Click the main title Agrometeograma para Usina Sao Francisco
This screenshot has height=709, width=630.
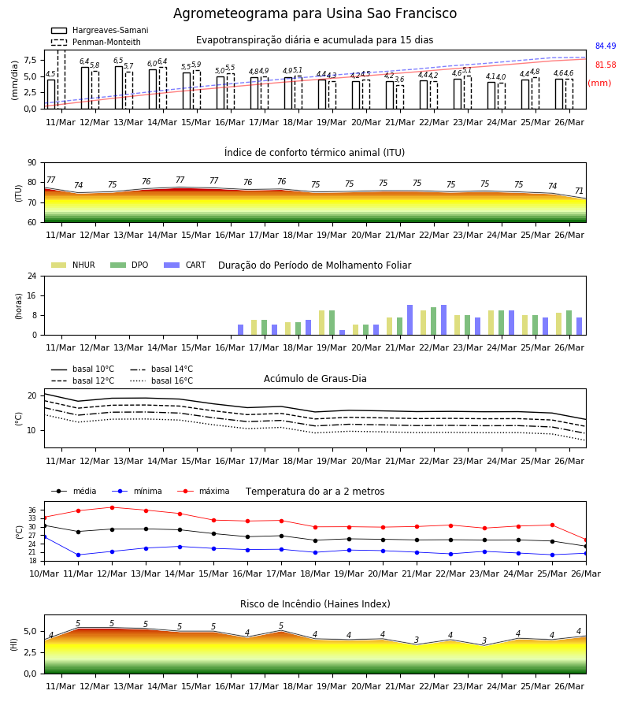coord(315,13)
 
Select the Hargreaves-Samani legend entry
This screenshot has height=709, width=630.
coord(100,30)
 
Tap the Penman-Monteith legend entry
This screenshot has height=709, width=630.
coord(96,42)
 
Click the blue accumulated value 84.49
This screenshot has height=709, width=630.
coord(606,46)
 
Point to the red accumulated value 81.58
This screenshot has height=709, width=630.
coord(606,65)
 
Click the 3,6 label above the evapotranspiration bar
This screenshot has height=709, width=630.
coord(399,80)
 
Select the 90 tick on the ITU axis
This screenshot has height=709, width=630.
coord(32,163)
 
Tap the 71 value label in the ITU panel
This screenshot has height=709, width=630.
coord(579,191)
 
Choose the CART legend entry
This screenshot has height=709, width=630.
coord(185,265)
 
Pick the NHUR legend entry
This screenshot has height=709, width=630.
coord(73,265)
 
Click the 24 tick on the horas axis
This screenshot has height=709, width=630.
coord(32,277)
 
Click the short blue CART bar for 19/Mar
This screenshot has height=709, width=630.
coord(342,332)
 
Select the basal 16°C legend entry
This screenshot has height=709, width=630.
coord(161,380)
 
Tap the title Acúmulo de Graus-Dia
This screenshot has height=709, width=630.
coord(315,379)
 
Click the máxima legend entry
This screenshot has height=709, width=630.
coord(203,491)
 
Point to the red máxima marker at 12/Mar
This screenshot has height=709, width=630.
coord(112,507)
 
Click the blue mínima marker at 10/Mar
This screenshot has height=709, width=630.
coord(44,536)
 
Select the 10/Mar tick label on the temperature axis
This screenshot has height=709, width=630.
coord(44,574)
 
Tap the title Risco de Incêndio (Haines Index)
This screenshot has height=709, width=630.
coord(315,604)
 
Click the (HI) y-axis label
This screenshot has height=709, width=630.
coord(14,644)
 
